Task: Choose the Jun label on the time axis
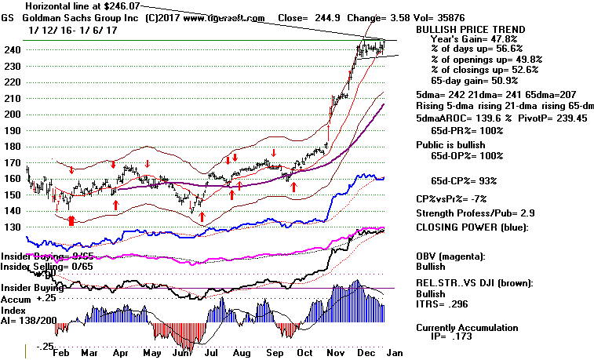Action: [185, 353]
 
